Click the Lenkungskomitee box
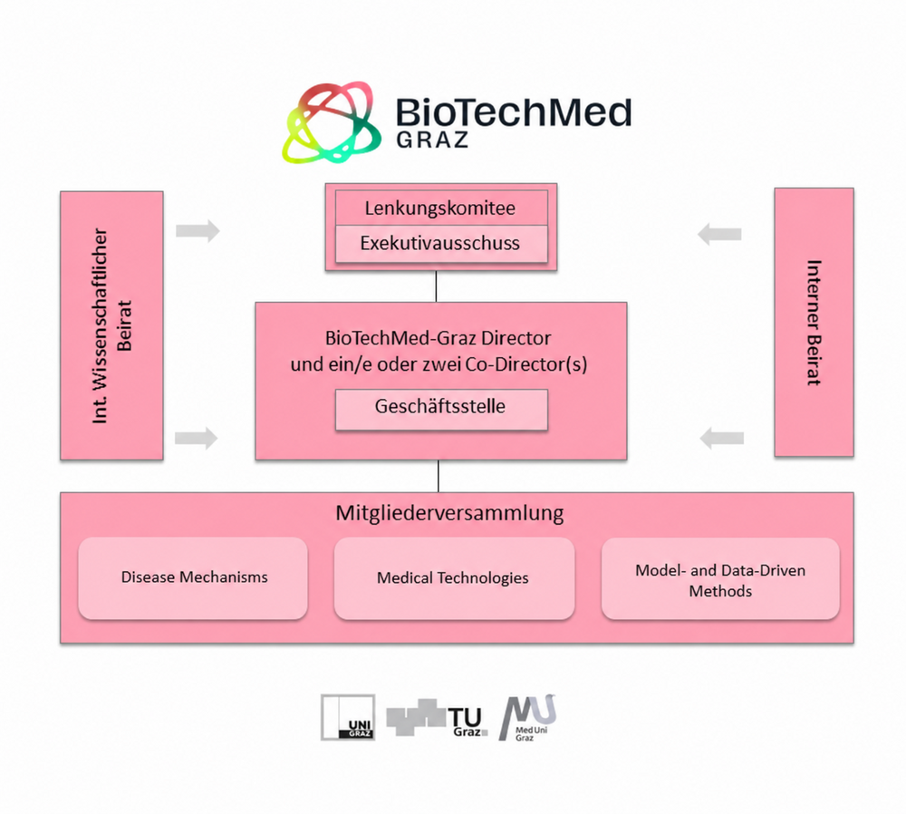point(441,208)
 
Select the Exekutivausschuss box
point(441,244)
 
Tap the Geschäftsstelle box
point(441,410)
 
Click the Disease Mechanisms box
point(193,577)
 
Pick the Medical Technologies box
point(454,577)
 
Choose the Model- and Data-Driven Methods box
point(720,578)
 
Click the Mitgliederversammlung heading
point(449,513)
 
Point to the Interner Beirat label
point(814,323)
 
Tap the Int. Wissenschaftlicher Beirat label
point(112,325)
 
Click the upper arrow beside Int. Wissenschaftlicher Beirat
point(198,230)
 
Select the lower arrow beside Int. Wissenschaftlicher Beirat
point(197,438)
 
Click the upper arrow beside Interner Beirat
point(719,234)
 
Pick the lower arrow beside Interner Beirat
point(722,439)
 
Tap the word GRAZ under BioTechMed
point(432,140)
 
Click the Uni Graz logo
point(348,717)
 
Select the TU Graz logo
point(438,717)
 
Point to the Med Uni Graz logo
point(526,717)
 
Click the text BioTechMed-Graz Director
point(438,337)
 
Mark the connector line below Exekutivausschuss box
point(437,286)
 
